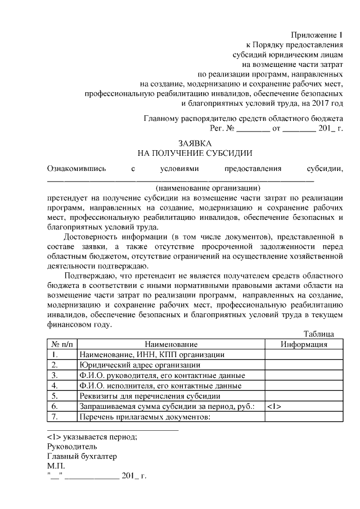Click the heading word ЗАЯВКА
(x=195, y=143)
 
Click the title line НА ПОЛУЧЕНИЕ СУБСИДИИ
(x=195, y=152)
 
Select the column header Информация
(x=304, y=344)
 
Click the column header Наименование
(x=171, y=344)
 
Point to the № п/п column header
(x=62, y=344)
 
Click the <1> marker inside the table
(x=274, y=406)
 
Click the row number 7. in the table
(x=55, y=416)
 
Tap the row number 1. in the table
(x=55, y=355)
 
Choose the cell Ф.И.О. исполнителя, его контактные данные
(x=160, y=386)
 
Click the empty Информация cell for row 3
(x=304, y=375)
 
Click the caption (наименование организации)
(x=208, y=188)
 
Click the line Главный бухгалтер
(x=82, y=456)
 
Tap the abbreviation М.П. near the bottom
(x=56, y=466)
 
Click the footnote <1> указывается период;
(x=92, y=436)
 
